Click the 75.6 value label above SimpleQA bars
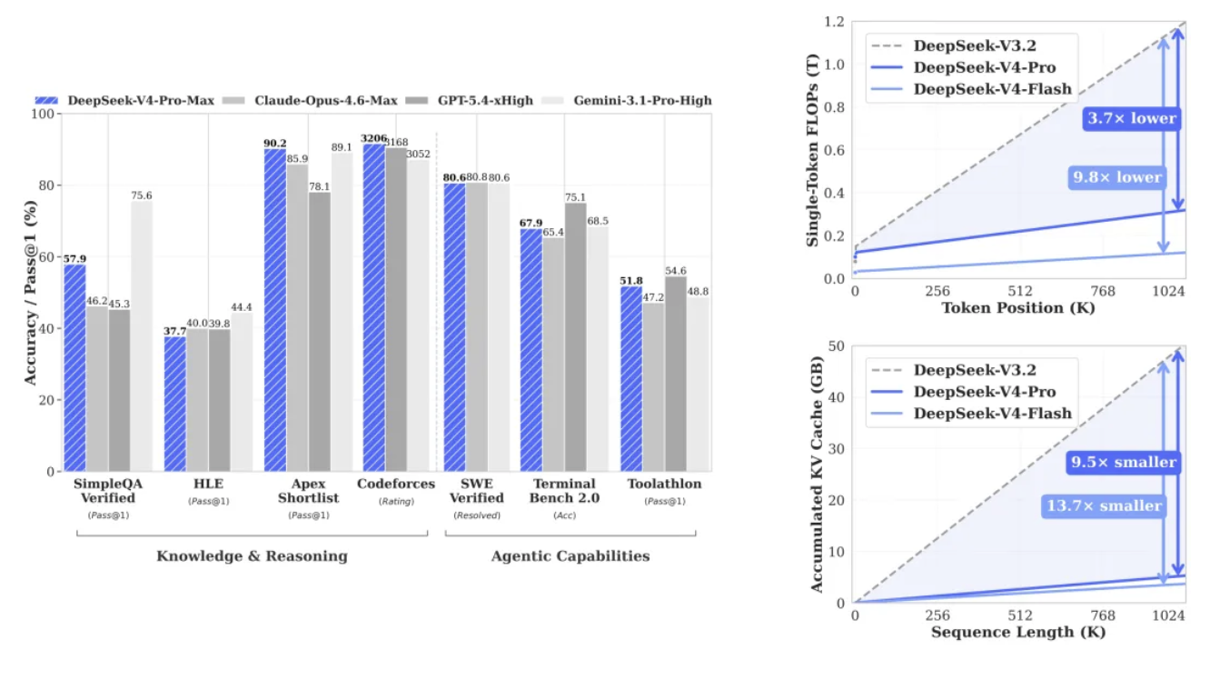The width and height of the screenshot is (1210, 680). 142,195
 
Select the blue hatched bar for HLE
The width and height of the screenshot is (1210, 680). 175,404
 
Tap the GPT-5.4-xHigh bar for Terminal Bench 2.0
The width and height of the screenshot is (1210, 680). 575,337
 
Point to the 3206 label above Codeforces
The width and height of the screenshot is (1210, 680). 373,138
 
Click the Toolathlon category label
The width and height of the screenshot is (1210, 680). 664,484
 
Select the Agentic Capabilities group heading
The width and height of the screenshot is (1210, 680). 570,555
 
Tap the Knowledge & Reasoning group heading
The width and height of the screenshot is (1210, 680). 253,555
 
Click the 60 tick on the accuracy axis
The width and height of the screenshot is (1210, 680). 46,256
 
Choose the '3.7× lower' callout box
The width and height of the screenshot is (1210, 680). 1132,118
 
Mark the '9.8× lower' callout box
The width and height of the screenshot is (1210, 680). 1117,177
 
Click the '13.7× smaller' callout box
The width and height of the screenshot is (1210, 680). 1104,506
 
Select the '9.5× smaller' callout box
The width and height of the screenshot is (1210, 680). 1124,462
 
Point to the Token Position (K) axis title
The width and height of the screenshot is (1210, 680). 1018,308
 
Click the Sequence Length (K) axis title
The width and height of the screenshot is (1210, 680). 1018,633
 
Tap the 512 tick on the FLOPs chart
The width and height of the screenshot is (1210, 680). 1020,291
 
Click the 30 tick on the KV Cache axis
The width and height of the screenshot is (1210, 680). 837,449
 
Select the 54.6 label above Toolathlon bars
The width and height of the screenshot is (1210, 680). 676,270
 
